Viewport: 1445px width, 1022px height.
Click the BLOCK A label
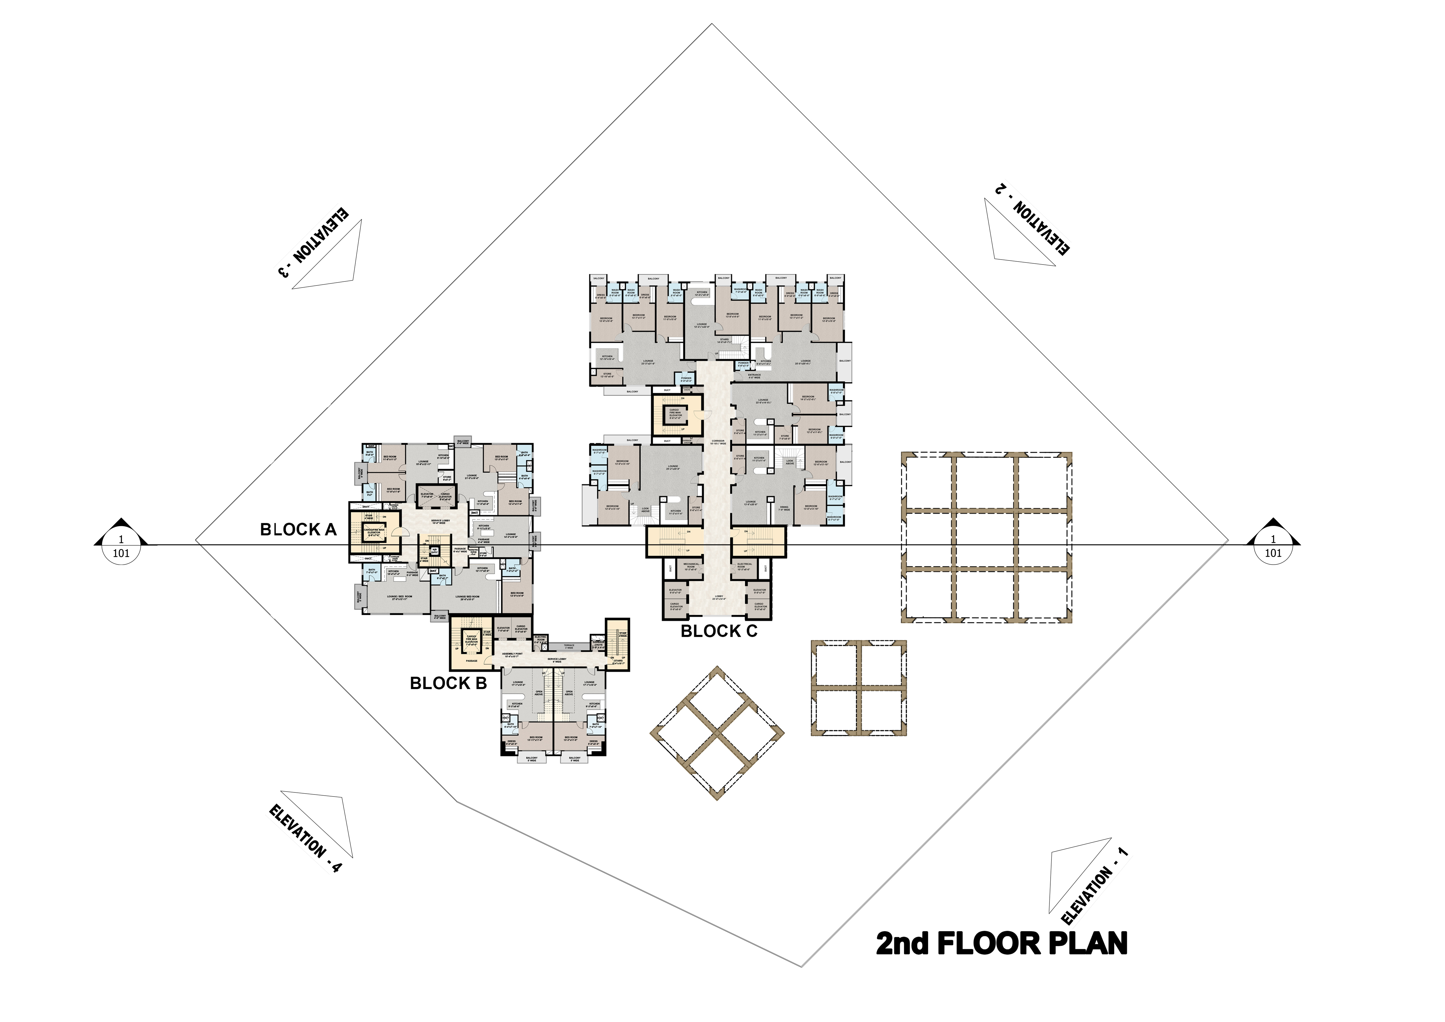(x=298, y=530)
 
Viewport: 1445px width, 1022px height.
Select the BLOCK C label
(x=719, y=631)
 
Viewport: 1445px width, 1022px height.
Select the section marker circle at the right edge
(x=1273, y=546)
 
